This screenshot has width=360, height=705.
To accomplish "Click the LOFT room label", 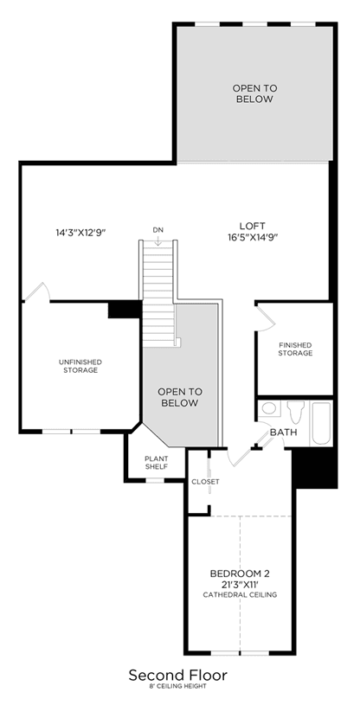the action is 252,226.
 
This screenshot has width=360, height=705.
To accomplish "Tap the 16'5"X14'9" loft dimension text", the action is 252,238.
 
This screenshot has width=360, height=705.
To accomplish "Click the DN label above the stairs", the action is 158,230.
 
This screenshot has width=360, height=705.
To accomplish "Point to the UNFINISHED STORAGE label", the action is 80,366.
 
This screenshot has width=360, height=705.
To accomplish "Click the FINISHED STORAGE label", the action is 295,349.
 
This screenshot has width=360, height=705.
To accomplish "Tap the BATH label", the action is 283,433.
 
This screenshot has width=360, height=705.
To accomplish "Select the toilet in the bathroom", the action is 296,412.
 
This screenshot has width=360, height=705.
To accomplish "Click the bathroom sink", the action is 269,408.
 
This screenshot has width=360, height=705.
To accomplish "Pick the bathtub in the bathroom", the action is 322,423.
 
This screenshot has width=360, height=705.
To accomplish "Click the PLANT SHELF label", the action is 156,463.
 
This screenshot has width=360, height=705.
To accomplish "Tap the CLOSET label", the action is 205,482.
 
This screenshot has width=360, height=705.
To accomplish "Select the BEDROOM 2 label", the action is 240,574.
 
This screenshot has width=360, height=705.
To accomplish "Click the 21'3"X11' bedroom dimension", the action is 240,585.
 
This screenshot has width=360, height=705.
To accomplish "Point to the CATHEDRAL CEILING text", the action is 240,595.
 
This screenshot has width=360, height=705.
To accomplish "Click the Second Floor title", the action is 178,675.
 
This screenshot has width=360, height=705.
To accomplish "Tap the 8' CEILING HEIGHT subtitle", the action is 178,687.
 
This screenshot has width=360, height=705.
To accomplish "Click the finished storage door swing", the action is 266,317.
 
